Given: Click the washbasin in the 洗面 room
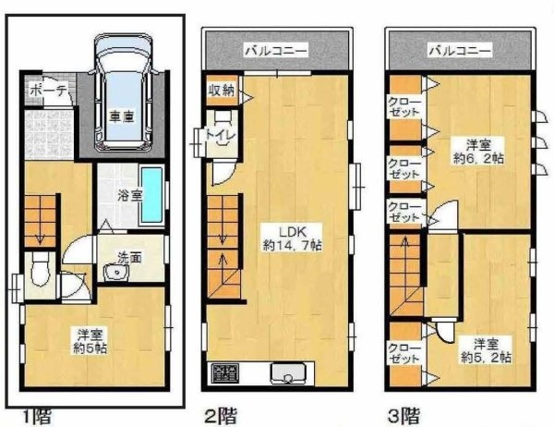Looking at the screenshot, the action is (116, 273).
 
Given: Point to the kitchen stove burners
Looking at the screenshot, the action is (225, 373).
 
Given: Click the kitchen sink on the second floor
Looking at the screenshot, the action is (287, 372).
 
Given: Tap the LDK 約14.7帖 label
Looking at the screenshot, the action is (292, 238).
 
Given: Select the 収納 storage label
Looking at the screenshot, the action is (221, 91).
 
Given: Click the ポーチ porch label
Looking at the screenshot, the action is (48, 91).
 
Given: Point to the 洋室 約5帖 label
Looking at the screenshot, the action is (90, 341).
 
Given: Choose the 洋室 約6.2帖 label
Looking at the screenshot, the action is (478, 152).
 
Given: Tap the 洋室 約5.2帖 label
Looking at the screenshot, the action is (487, 350).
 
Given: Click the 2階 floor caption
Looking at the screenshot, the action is (221, 416).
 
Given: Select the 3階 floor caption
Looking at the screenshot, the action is (403, 416).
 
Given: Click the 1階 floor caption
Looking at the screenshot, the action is (37, 417).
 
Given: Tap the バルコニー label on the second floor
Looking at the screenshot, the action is (276, 51).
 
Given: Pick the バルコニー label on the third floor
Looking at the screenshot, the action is (460, 51).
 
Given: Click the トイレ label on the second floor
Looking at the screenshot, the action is (221, 135).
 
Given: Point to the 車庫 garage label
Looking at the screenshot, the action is (122, 116).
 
